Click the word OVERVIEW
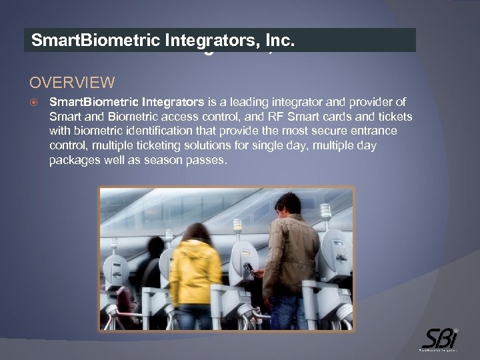72,83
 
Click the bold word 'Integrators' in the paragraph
173,102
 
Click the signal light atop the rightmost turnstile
325,211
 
